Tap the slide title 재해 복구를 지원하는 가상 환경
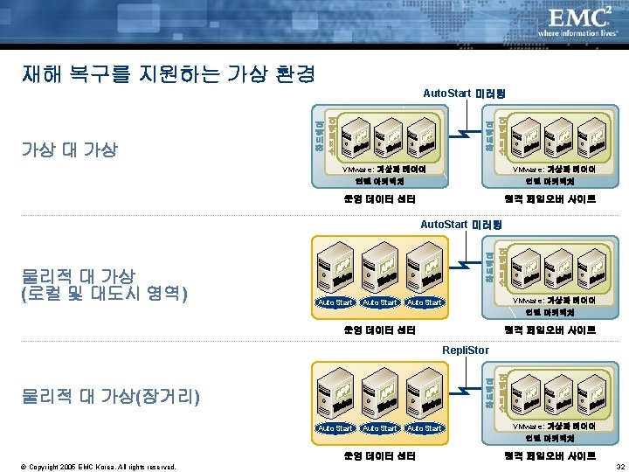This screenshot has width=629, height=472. pyautogui.click(x=168, y=73)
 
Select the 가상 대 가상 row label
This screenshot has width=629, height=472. pyautogui.click(x=69, y=149)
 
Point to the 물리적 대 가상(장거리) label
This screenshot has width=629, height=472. pyautogui.click(x=109, y=398)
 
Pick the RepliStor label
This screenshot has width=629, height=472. pyautogui.click(x=466, y=350)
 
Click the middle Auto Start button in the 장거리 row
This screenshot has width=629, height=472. pyautogui.click(x=380, y=428)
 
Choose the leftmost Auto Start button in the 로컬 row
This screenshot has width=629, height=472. pyautogui.click(x=335, y=302)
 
